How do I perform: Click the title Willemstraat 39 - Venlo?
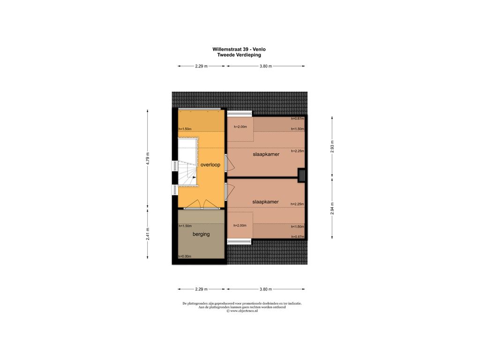239,49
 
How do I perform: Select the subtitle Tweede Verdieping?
239,55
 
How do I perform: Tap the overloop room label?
210,165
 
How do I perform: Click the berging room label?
201,234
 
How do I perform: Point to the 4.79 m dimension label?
148,158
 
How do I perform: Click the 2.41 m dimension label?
148,234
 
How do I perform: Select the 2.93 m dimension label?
332,146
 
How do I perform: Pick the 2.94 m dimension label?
332,209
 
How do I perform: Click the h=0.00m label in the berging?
185,256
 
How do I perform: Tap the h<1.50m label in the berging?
185,226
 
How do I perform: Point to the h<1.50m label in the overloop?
185,129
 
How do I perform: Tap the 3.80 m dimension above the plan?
266,66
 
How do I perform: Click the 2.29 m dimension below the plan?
202,289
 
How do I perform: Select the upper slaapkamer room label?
266,154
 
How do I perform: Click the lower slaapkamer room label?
265,202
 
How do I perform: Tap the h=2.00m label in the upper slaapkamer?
240,127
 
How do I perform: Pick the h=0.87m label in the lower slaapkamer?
298,237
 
